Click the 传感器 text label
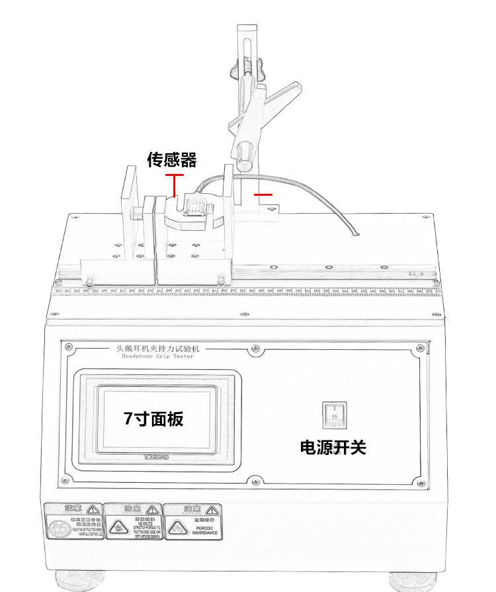pos(172,160)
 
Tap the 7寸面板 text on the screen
pos(153,419)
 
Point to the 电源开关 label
pos(333,448)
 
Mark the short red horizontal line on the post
pos(263,194)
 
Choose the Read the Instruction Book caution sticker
pos(73,521)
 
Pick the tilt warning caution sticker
pos(132,521)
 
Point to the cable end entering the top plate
pos(355,235)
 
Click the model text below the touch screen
pos(157,457)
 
